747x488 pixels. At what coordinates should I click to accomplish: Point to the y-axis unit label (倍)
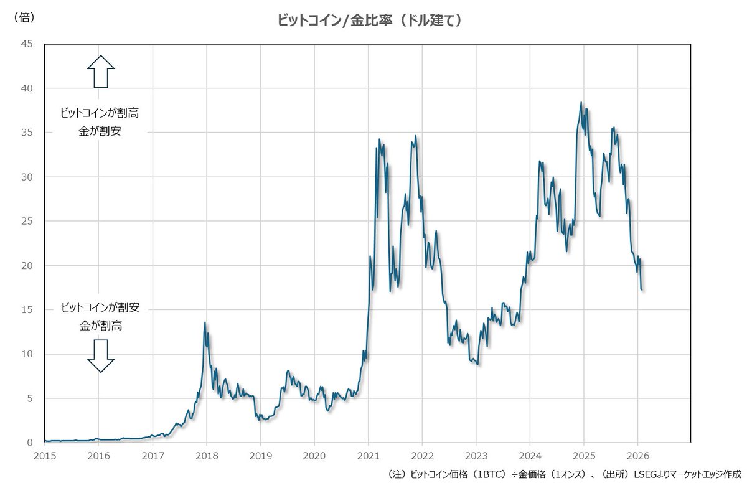point(24,17)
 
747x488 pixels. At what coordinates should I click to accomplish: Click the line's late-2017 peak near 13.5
point(205,322)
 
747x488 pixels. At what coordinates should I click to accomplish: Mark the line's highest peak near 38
point(581,103)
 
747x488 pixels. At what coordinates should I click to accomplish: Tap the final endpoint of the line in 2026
point(642,289)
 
